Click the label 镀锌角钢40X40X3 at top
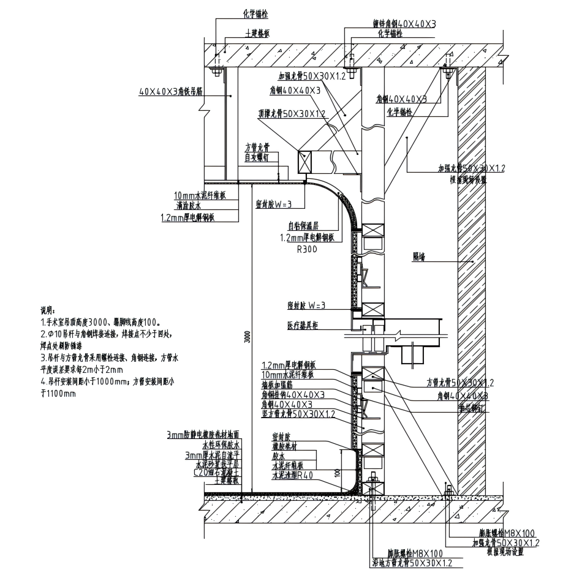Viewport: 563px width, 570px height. pyautogui.click(x=404, y=24)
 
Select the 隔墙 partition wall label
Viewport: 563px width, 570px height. pyautogui.click(x=419, y=258)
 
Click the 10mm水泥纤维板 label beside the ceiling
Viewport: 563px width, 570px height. pyautogui.click(x=200, y=196)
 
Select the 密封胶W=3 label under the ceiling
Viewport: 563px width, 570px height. pyautogui.click(x=274, y=204)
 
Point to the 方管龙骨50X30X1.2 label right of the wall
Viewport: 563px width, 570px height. pyautogui.click(x=459, y=383)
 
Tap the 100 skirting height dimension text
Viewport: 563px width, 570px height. pyautogui.click(x=338, y=473)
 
